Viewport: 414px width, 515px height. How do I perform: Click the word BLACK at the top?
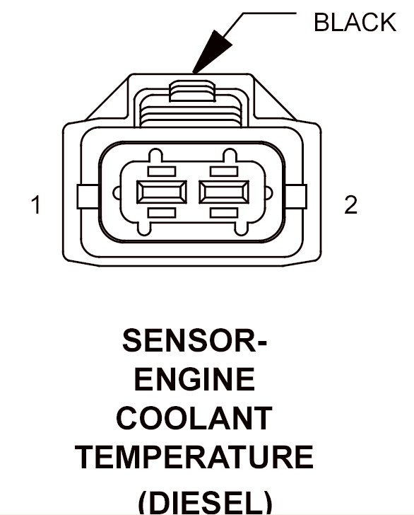(355, 23)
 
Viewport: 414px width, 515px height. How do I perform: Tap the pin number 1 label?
(36, 204)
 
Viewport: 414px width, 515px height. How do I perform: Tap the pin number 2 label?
(350, 204)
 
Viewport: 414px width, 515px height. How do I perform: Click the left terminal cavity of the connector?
(161, 192)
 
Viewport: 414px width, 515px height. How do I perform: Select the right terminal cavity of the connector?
(224, 192)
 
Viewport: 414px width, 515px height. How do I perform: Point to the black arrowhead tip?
(193, 73)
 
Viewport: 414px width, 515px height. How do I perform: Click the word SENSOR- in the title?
(195, 340)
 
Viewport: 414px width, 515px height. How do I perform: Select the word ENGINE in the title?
(194, 379)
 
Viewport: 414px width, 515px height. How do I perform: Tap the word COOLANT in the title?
(194, 418)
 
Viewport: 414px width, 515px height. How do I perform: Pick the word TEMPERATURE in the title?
(194, 457)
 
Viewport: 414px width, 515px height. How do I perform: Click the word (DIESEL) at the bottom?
(206, 502)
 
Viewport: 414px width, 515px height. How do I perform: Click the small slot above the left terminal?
(161, 171)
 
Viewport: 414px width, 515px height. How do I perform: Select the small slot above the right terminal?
(224, 171)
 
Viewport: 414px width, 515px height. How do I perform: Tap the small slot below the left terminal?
(161, 213)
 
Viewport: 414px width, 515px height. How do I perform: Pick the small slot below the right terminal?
(224, 213)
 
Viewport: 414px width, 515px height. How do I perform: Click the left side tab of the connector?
(88, 197)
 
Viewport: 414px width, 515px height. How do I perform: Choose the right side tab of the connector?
(296, 197)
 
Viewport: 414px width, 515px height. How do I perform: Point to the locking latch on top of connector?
(192, 91)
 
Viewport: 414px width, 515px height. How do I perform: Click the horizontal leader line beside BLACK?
(270, 13)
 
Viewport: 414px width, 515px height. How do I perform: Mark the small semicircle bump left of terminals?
(117, 193)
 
